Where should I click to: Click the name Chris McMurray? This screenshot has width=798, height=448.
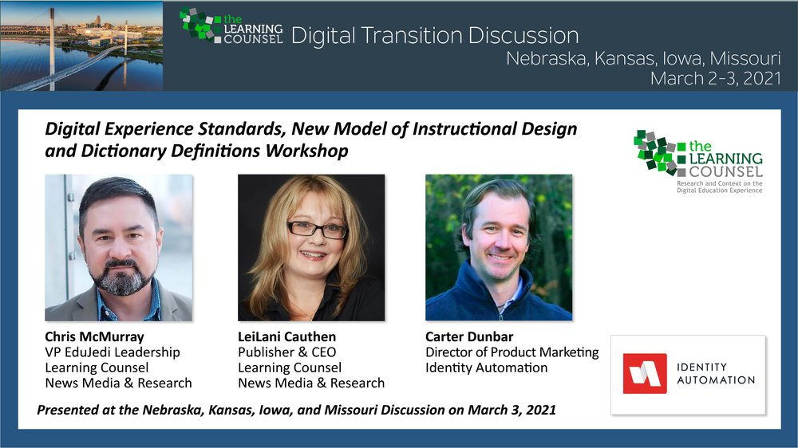[94, 336]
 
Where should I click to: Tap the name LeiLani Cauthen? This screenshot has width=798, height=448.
[286, 336]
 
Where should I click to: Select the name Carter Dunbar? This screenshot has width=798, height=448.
[469, 336]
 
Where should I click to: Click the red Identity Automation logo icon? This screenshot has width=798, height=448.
[645, 374]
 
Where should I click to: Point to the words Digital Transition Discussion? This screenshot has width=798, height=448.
[435, 36]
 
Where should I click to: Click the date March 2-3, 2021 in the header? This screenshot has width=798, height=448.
[716, 78]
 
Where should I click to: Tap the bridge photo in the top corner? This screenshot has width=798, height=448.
[81, 45]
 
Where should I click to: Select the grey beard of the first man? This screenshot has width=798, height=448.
[123, 278]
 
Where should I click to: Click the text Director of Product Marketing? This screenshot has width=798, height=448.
[512, 352]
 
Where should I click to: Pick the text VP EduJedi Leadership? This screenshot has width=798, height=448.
[113, 352]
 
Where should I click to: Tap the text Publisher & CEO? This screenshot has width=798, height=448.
[287, 352]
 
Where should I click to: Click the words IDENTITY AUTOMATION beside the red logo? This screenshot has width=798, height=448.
[716, 374]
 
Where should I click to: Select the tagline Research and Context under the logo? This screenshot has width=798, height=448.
[720, 187]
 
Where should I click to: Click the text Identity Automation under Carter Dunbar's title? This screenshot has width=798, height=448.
[487, 367]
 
